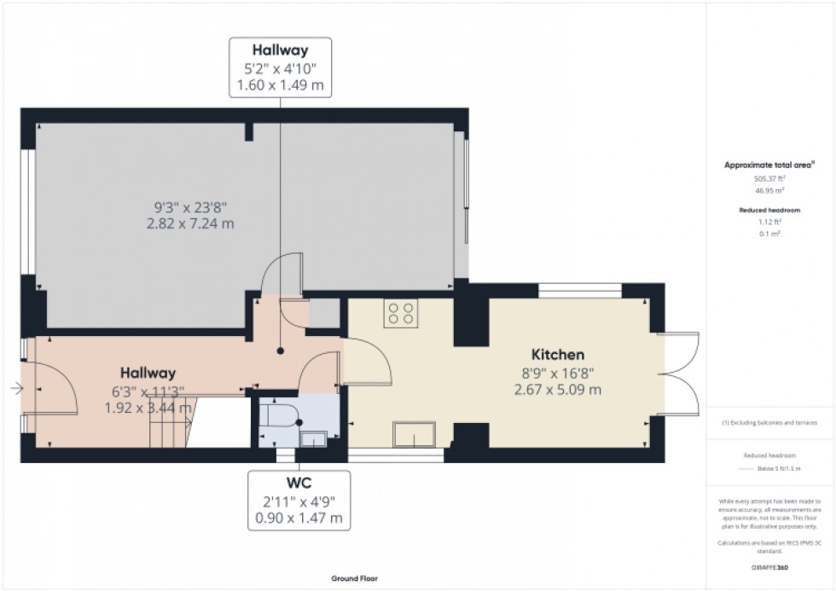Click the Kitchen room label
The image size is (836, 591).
click(558, 354)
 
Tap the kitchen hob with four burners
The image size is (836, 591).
click(401, 314)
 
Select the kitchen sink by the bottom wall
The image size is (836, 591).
click(414, 435)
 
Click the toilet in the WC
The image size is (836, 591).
click(280, 416)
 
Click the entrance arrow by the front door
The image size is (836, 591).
click(15, 389)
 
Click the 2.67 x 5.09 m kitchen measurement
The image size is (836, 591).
click(558, 390)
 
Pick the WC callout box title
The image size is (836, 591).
click(298, 482)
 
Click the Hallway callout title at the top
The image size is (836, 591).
click(280, 49)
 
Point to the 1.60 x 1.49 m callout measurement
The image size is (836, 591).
click(280, 85)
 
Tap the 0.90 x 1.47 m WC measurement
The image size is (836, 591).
click(298, 518)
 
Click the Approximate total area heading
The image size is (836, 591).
click(766, 165)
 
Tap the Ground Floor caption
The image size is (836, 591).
click(355, 578)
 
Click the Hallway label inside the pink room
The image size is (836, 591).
click(147, 373)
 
